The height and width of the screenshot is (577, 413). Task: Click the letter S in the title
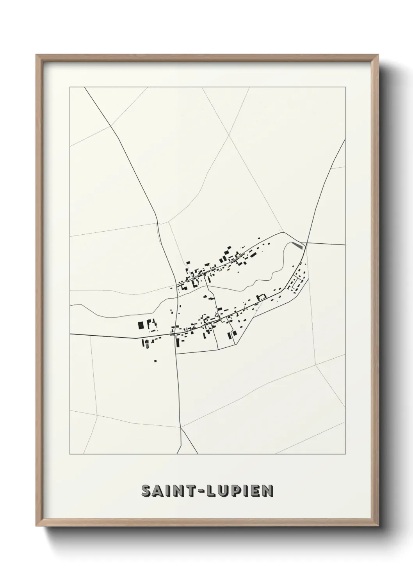click(147, 491)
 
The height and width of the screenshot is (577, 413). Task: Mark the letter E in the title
click(258, 491)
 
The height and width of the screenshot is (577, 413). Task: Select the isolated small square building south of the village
click(155, 361)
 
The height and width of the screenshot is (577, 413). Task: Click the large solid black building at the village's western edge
click(140, 325)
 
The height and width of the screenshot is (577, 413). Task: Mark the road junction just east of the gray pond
click(306, 243)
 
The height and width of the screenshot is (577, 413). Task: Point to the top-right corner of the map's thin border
click(345, 87)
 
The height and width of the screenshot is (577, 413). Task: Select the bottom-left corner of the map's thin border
click(70, 454)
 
